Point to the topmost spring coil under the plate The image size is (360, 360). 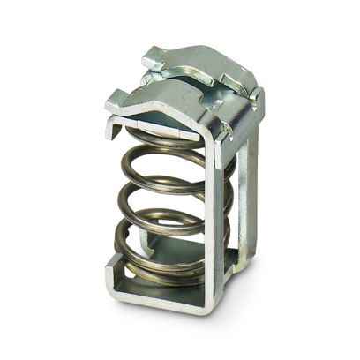pyautogui.click(x=168, y=141)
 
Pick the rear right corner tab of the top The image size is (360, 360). pyautogui.click(x=256, y=97)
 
